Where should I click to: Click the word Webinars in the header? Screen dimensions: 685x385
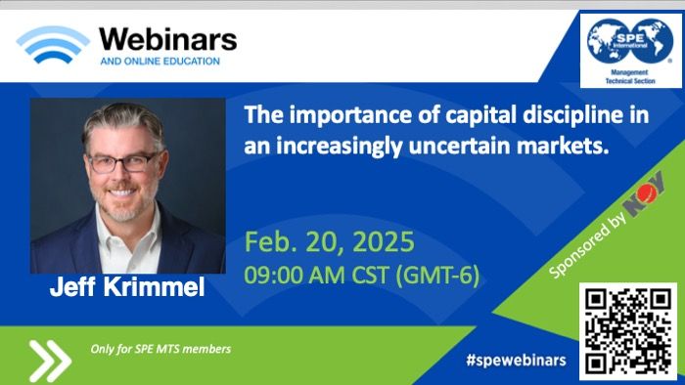[x=168, y=40]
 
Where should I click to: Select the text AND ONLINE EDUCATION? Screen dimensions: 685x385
[x=160, y=62]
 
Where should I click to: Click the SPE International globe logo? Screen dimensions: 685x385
[x=629, y=41]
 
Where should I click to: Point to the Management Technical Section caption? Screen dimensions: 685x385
[x=630, y=77]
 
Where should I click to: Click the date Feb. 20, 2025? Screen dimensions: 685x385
[x=329, y=242]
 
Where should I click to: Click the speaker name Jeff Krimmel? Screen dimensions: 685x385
[x=127, y=287]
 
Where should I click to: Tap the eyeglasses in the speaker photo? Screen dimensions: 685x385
[x=122, y=163]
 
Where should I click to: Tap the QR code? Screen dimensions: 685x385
[x=628, y=332]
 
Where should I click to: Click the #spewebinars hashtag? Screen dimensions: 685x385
[x=516, y=361]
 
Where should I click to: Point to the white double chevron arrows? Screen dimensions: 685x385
[x=50, y=361]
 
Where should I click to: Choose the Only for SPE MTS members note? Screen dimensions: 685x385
[x=160, y=349]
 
